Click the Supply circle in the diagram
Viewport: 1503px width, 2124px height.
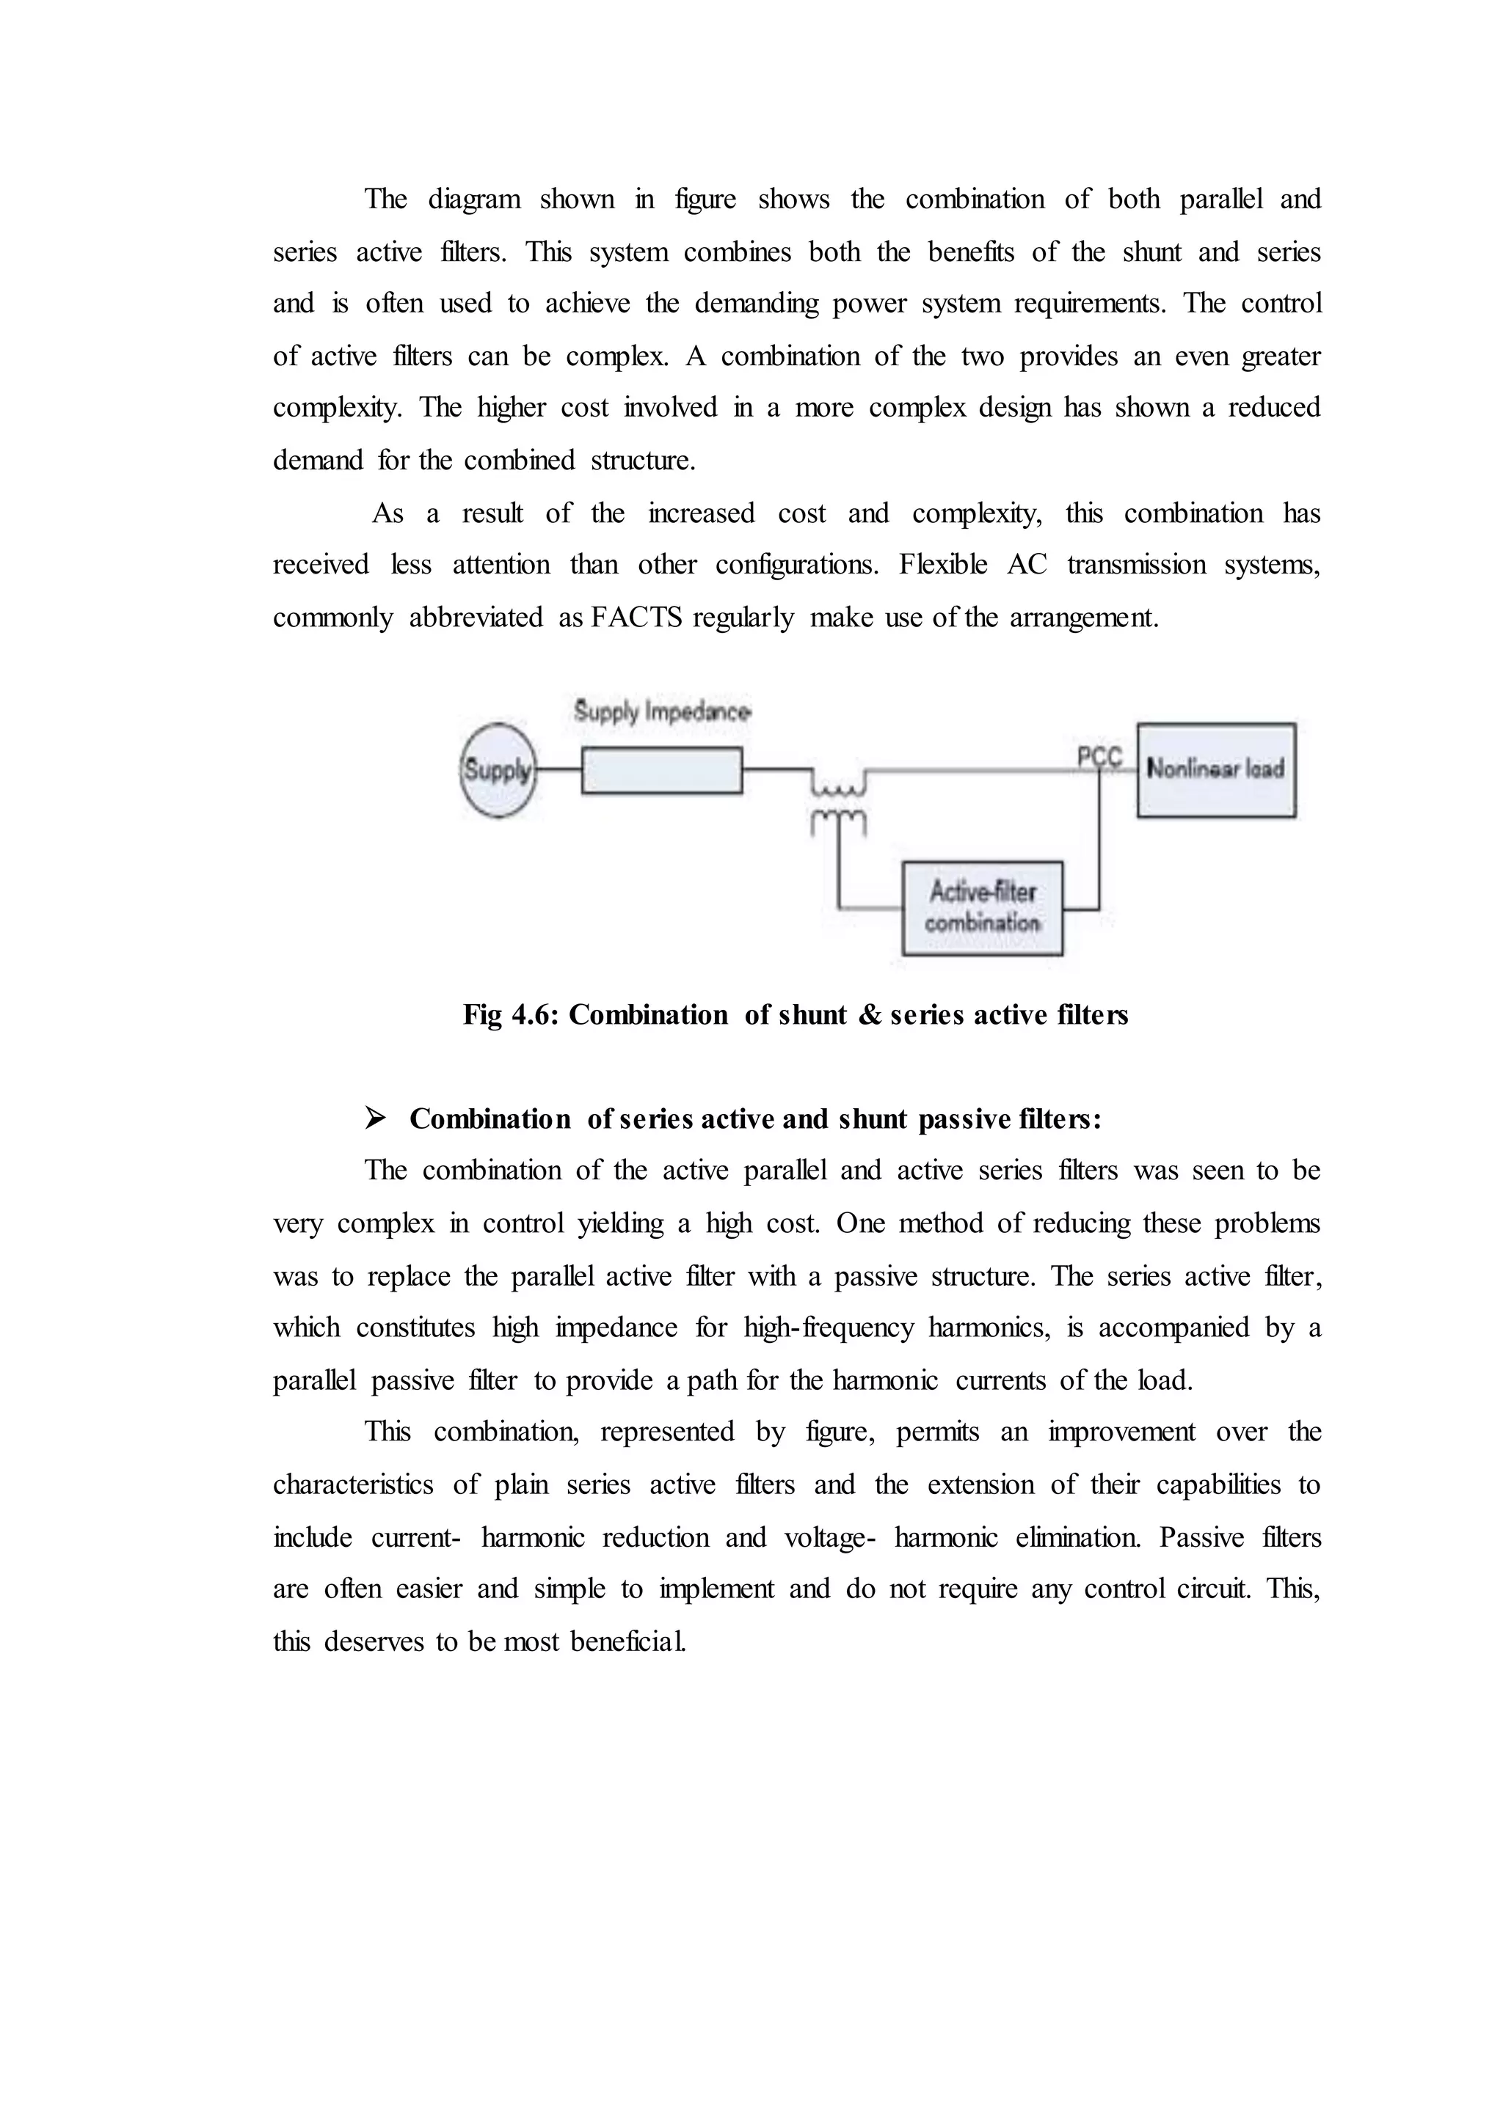498,769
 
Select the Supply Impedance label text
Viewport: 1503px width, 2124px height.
662,711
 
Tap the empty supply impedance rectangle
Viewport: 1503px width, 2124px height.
662,771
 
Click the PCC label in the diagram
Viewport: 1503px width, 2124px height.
1099,758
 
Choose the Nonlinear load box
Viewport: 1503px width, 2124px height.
1215,769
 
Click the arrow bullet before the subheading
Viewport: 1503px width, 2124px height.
376,1118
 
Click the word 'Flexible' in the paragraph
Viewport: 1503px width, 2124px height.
942,564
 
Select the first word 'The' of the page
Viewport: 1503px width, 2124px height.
385,199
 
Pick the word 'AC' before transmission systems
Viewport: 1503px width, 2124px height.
1027,564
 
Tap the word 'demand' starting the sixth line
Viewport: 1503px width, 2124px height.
318,460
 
